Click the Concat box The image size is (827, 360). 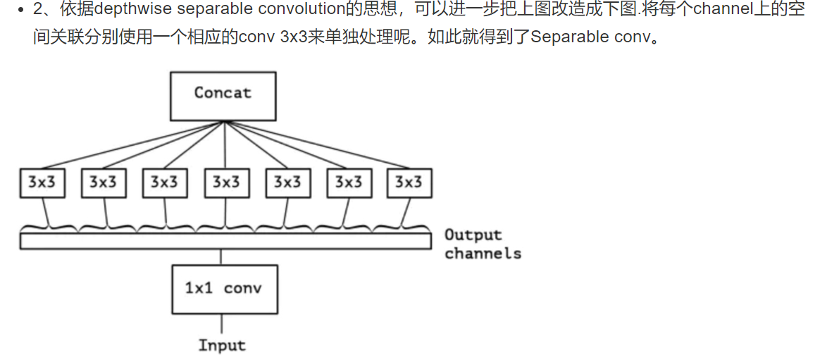[223, 95]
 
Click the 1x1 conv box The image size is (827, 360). [224, 289]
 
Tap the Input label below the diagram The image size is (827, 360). [222, 345]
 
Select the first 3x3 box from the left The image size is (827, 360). [42, 183]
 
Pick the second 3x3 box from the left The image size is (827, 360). [103, 183]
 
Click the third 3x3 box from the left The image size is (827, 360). [164, 183]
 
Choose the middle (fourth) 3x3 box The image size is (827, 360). [225, 183]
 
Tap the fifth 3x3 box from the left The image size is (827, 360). [287, 183]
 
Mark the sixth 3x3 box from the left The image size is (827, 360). [348, 183]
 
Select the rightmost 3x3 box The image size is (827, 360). [409, 183]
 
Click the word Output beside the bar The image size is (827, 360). [473, 235]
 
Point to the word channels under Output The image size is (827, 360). [483, 254]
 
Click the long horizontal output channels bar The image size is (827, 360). [225, 242]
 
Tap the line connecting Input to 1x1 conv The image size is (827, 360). [223, 323]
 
